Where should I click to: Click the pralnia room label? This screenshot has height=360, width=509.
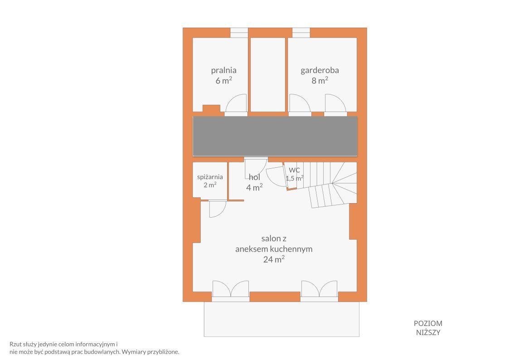tap(223, 70)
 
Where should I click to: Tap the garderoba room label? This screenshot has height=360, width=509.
tap(320, 70)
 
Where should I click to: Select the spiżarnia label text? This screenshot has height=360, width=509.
tap(210, 177)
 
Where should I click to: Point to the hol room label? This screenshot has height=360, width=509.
tap(255, 177)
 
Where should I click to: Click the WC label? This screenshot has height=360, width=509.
tap(295, 170)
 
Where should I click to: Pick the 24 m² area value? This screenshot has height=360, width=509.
tap(274, 259)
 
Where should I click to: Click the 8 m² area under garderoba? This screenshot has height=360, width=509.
tap(320, 80)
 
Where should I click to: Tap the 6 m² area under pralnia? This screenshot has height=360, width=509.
tap(223, 80)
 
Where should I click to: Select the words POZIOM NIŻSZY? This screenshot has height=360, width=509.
tap(428, 328)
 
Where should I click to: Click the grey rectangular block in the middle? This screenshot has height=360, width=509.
tap(275, 136)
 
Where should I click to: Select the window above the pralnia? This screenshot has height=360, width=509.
tap(239, 33)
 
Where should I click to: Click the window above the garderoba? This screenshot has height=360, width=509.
tap(301, 33)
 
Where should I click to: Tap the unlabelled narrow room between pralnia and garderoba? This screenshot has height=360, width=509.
tap(268, 75)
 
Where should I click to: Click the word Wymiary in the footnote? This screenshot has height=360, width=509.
tap(134, 352)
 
